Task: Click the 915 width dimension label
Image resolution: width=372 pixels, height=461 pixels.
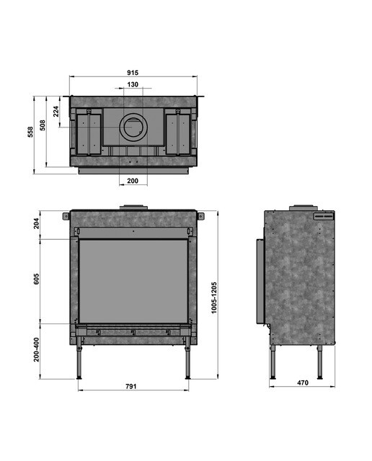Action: click(133, 73)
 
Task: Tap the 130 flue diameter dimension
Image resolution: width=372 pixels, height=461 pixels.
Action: click(133, 84)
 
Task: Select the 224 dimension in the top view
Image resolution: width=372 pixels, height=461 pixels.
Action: click(56, 112)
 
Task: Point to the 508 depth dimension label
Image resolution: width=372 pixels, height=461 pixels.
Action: click(43, 125)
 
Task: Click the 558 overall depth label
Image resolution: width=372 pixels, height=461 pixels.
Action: click(30, 132)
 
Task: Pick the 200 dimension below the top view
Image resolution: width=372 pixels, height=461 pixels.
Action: click(133, 181)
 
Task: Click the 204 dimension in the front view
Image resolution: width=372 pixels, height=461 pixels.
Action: click(36, 223)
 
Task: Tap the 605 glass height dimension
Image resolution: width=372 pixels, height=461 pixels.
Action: click(36, 279)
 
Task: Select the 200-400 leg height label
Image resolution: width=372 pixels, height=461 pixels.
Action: click(36, 349)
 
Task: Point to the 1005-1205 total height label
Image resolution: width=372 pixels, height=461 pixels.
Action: click(214, 297)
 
